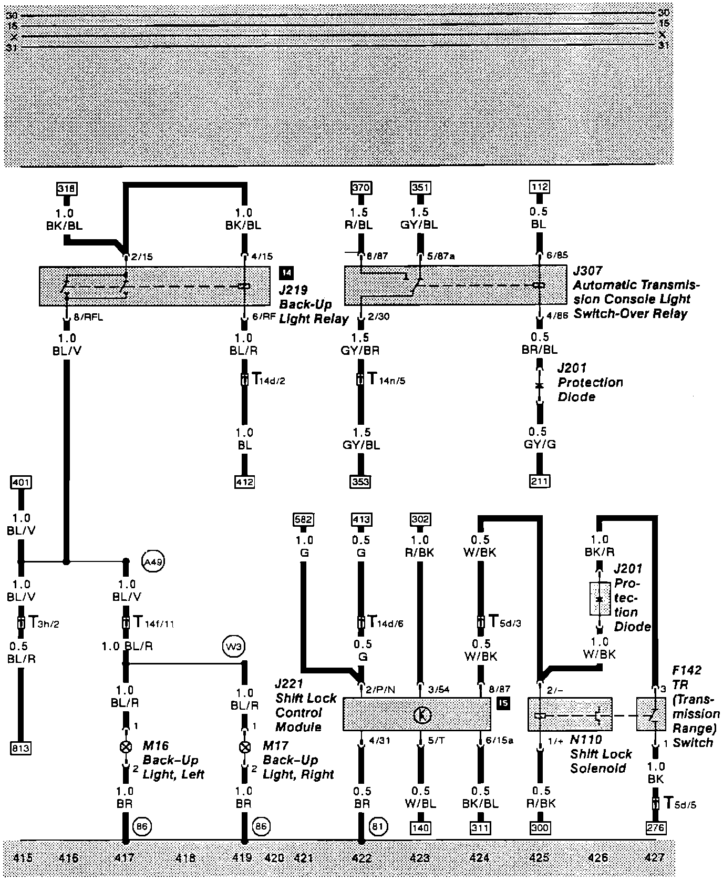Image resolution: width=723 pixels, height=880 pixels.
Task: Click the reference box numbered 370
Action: click(360, 187)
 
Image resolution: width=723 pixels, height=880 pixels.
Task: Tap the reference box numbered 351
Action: click(420, 187)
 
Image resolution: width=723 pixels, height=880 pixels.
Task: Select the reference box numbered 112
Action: click(539, 187)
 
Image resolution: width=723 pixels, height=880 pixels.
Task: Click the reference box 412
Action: click(244, 481)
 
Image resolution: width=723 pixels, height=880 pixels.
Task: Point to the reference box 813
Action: click(20, 748)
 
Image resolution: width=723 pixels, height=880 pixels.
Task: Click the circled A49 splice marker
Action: click(153, 561)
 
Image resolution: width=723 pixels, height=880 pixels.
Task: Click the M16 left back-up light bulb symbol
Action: click(126, 747)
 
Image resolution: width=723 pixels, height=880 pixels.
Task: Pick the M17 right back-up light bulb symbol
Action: click(244, 747)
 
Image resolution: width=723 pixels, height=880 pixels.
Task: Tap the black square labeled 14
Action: click(287, 272)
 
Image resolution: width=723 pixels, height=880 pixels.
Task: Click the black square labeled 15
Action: click(503, 703)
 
